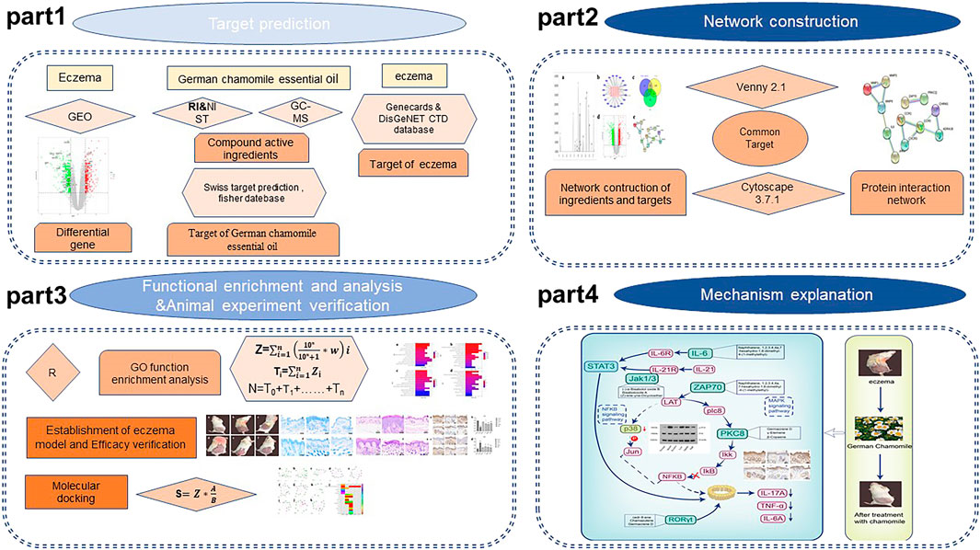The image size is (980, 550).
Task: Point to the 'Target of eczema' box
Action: click(x=408, y=164)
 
